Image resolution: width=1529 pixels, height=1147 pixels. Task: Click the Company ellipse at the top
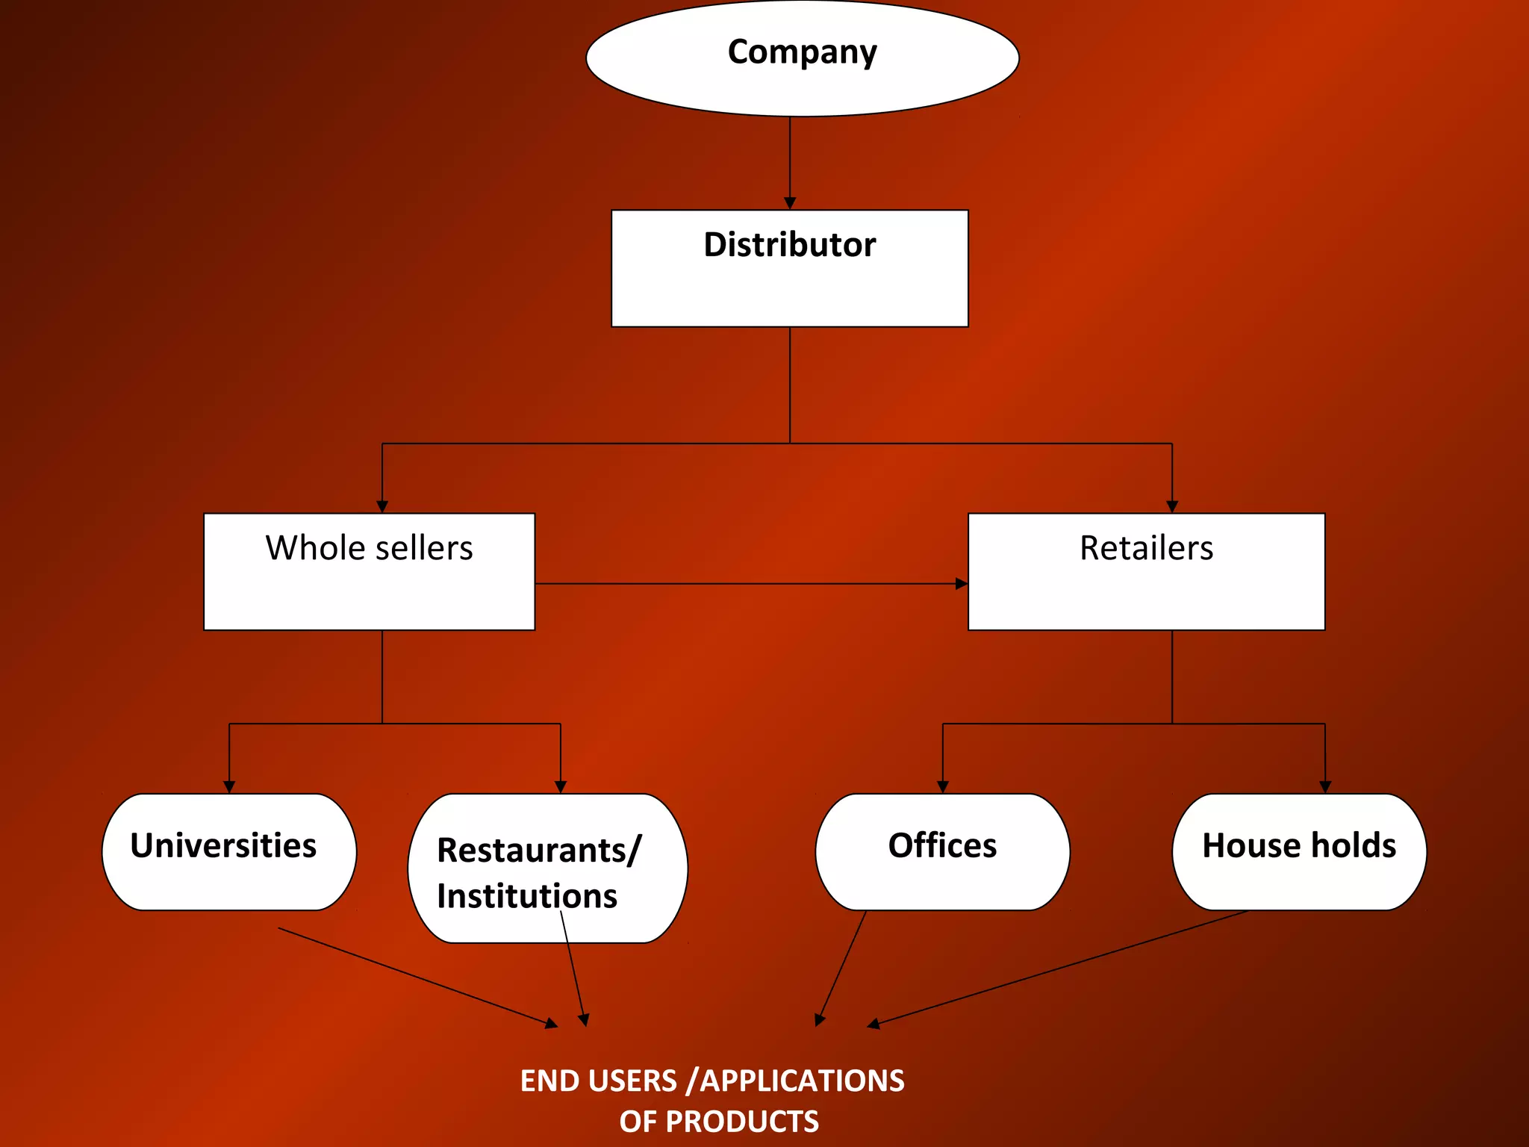tap(803, 58)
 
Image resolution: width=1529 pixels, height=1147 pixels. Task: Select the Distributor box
tap(789, 268)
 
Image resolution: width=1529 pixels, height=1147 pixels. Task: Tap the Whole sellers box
tap(369, 571)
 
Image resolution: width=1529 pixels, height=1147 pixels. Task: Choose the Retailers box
tap(1146, 571)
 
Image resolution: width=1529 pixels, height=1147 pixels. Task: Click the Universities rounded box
tap(228, 851)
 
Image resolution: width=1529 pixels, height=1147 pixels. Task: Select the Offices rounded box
tap(942, 851)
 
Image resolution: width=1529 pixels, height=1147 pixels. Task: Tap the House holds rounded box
tap(1299, 851)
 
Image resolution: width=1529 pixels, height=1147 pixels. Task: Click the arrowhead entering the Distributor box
tap(790, 203)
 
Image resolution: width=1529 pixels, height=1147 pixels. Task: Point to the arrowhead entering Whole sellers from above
tap(382, 506)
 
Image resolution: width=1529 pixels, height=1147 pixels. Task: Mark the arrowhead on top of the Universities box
tap(229, 786)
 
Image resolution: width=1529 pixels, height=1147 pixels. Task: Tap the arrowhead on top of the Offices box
tap(942, 786)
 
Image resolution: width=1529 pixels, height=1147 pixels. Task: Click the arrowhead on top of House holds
tap(1325, 786)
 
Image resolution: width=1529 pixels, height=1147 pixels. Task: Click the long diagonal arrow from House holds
tap(1060, 968)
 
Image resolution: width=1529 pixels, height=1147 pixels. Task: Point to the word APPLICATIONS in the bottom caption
tap(802, 1081)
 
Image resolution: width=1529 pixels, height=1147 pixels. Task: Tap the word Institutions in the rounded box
tap(526, 896)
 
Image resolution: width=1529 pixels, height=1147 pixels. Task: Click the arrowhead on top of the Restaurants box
tap(561, 786)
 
